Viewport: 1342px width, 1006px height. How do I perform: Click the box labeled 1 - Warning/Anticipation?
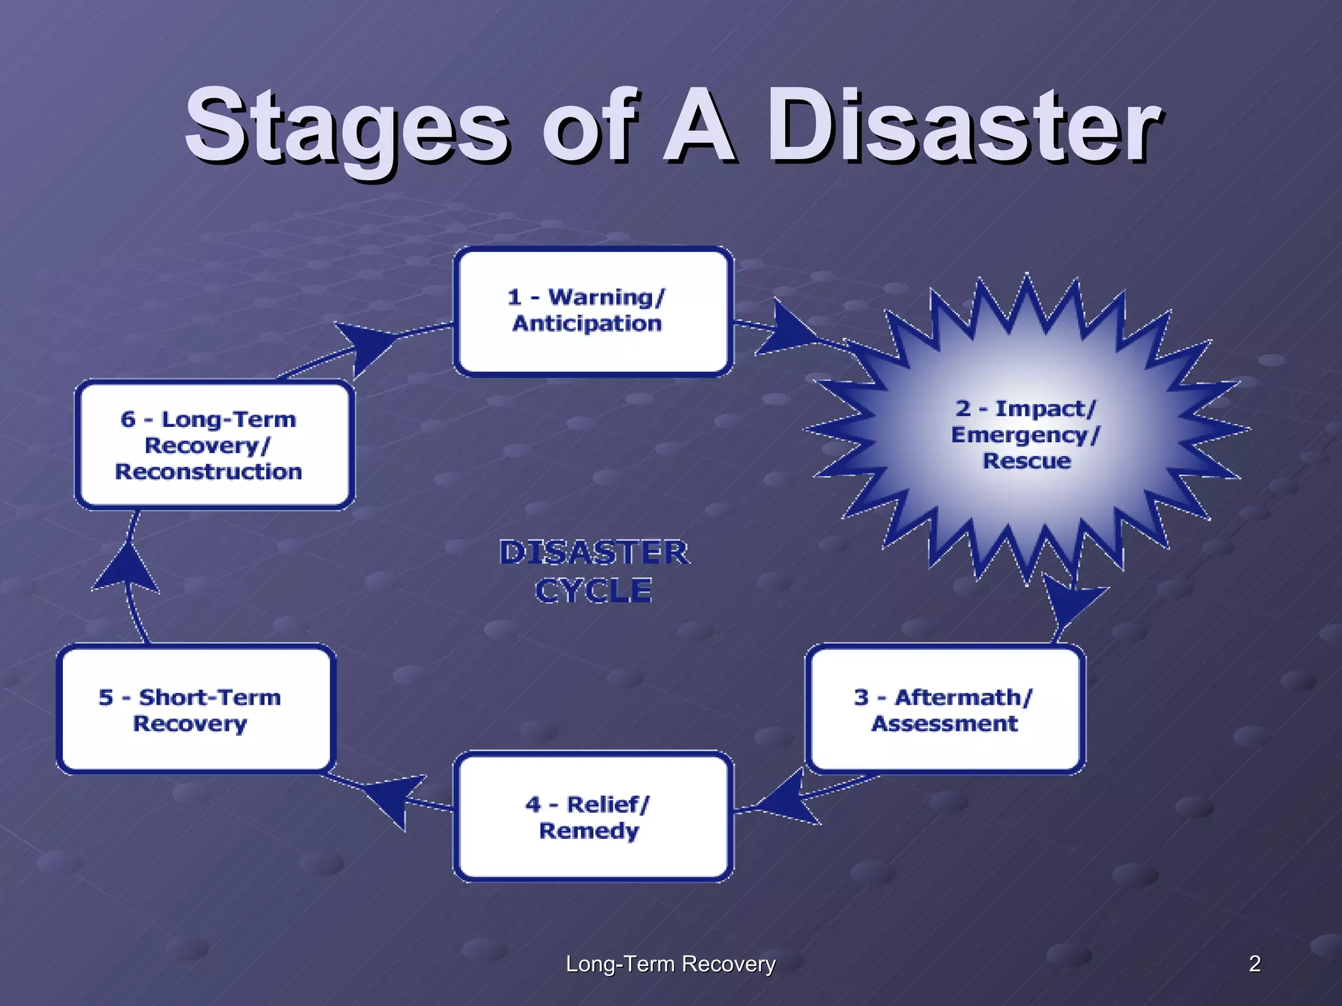click(x=593, y=311)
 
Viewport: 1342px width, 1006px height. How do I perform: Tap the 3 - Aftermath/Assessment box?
click(x=945, y=709)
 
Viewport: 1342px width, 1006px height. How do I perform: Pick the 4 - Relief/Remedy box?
click(x=593, y=817)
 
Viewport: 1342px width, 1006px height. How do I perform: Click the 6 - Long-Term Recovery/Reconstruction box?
click(x=214, y=445)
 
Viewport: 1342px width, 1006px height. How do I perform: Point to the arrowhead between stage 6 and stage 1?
click(x=367, y=344)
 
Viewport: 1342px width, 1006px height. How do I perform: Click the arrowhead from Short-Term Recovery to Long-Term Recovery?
click(x=126, y=567)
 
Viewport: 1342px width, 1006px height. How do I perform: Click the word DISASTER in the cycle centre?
click(x=594, y=552)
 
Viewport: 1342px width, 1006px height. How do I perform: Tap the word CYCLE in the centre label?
click(x=594, y=591)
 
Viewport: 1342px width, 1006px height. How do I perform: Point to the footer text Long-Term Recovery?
click(x=670, y=963)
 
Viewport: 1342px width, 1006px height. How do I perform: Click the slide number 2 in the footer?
click(x=1254, y=963)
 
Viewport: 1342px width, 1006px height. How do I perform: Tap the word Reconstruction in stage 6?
click(x=208, y=472)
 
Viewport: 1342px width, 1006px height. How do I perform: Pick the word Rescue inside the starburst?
click(x=1026, y=461)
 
